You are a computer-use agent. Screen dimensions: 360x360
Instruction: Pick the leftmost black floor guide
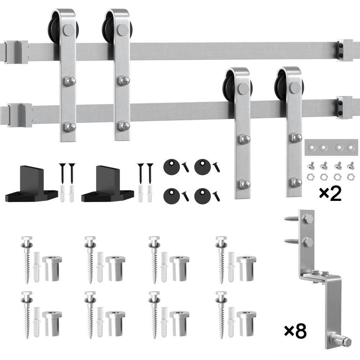pyautogui.click(x=31, y=187)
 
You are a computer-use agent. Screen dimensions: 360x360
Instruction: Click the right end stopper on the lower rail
pyautogui.click(x=344, y=107)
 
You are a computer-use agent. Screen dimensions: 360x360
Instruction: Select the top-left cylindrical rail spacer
pyautogui.click(x=52, y=268)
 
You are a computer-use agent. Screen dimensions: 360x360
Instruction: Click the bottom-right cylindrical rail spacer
pyautogui.click(x=246, y=323)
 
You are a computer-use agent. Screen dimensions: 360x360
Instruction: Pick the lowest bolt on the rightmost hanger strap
pyautogui.click(x=296, y=182)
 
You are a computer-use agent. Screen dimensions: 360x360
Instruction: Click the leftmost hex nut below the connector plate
pyautogui.click(x=309, y=177)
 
